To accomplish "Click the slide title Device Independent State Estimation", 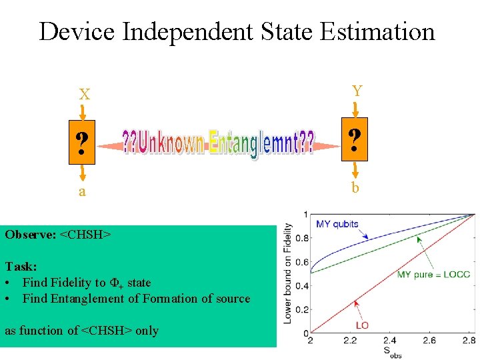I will [x=237, y=31].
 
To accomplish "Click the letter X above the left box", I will [x=85, y=95].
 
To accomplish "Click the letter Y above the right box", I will [x=357, y=91].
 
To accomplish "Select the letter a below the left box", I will [x=82, y=192].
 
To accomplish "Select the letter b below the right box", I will [x=355, y=188].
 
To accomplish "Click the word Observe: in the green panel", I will [x=31, y=235].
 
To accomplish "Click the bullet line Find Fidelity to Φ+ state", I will [x=87, y=283].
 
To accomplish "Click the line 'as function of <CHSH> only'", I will [x=81, y=331].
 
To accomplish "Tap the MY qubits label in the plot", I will [x=337, y=224].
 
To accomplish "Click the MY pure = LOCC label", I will [x=433, y=275].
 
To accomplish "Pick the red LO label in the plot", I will [x=362, y=325].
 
